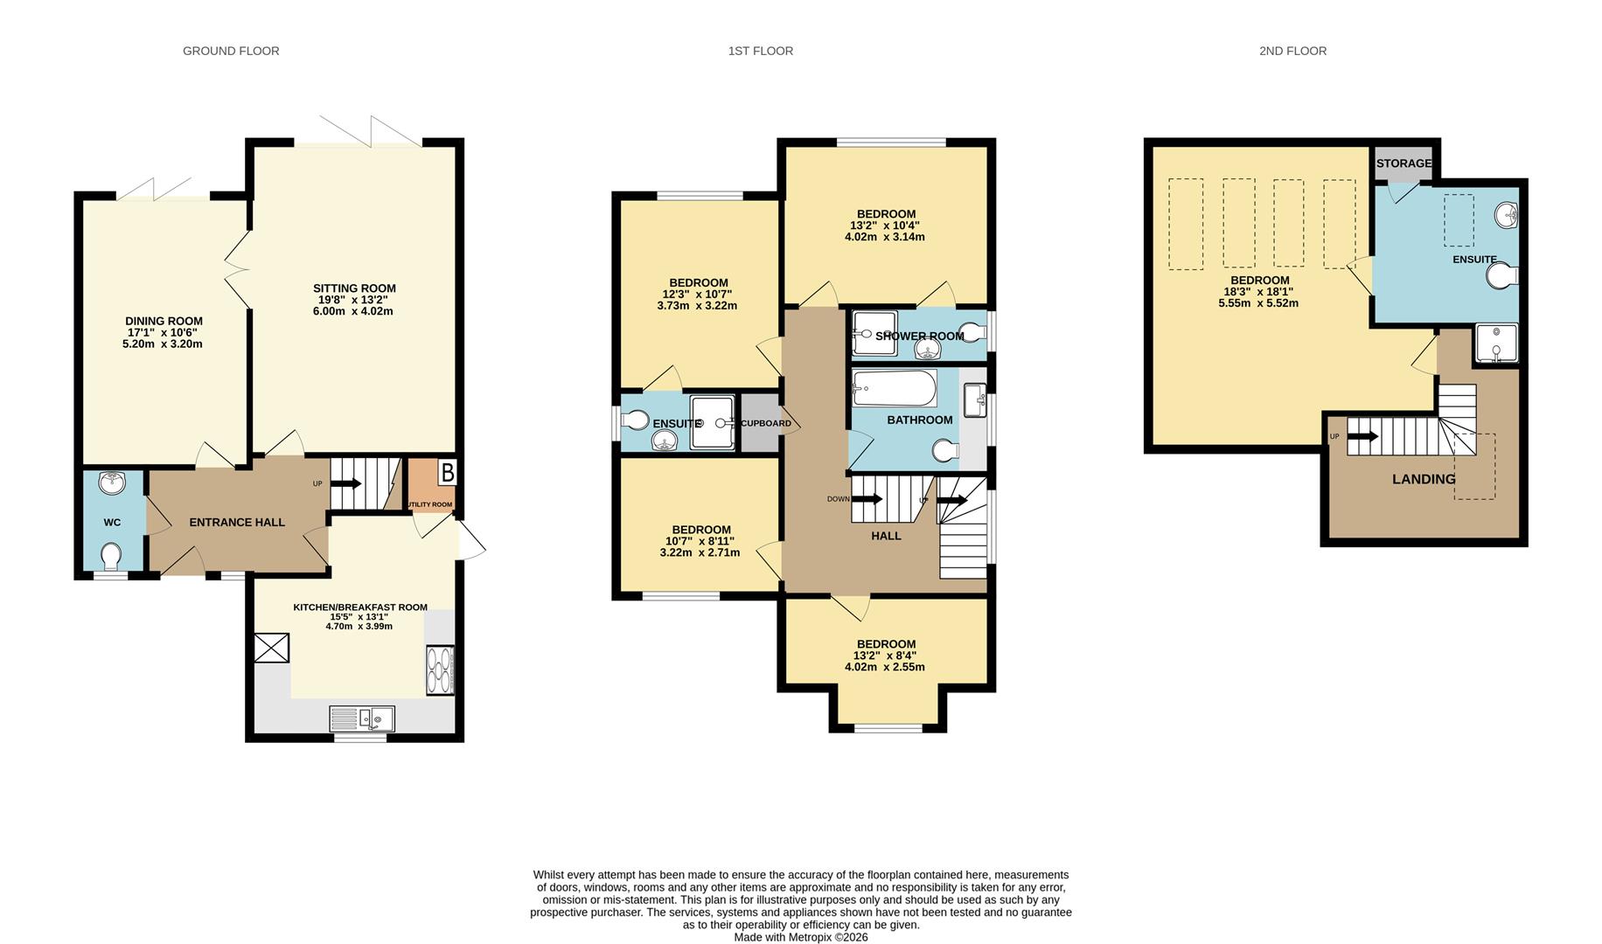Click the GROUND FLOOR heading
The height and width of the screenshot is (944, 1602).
pyautogui.click(x=231, y=51)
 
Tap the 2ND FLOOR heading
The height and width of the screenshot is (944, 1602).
pyautogui.click(x=1292, y=51)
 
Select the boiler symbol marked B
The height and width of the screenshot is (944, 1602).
pyautogui.click(x=447, y=473)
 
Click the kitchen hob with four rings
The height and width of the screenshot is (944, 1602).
pyautogui.click(x=440, y=670)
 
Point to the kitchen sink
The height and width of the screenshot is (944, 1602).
pyautogui.click(x=362, y=718)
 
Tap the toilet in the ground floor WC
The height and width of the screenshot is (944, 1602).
pyautogui.click(x=112, y=556)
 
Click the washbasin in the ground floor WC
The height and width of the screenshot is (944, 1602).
pyautogui.click(x=113, y=482)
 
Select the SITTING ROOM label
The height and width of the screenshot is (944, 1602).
pyautogui.click(x=354, y=288)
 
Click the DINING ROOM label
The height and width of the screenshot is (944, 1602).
pyautogui.click(x=164, y=322)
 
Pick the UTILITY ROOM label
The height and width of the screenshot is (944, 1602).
pyautogui.click(x=429, y=504)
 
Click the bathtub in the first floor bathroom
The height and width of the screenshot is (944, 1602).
pyautogui.click(x=895, y=388)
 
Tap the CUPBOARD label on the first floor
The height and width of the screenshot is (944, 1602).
pyautogui.click(x=766, y=424)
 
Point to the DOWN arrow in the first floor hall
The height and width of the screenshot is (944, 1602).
pyautogui.click(x=867, y=499)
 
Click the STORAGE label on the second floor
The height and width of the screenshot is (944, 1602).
pyautogui.click(x=1403, y=163)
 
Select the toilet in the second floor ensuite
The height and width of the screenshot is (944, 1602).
pyautogui.click(x=1502, y=276)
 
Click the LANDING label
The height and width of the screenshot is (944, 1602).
pyautogui.click(x=1424, y=479)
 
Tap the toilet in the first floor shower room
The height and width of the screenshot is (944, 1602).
pyautogui.click(x=972, y=332)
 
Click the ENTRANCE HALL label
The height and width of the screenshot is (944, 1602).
pyautogui.click(x=237, y=523)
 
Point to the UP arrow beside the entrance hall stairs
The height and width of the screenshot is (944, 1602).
pyautogui.click(x=346, y=483)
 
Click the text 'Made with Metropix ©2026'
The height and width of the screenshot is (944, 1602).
pyautogui.click(x=801, y=937)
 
